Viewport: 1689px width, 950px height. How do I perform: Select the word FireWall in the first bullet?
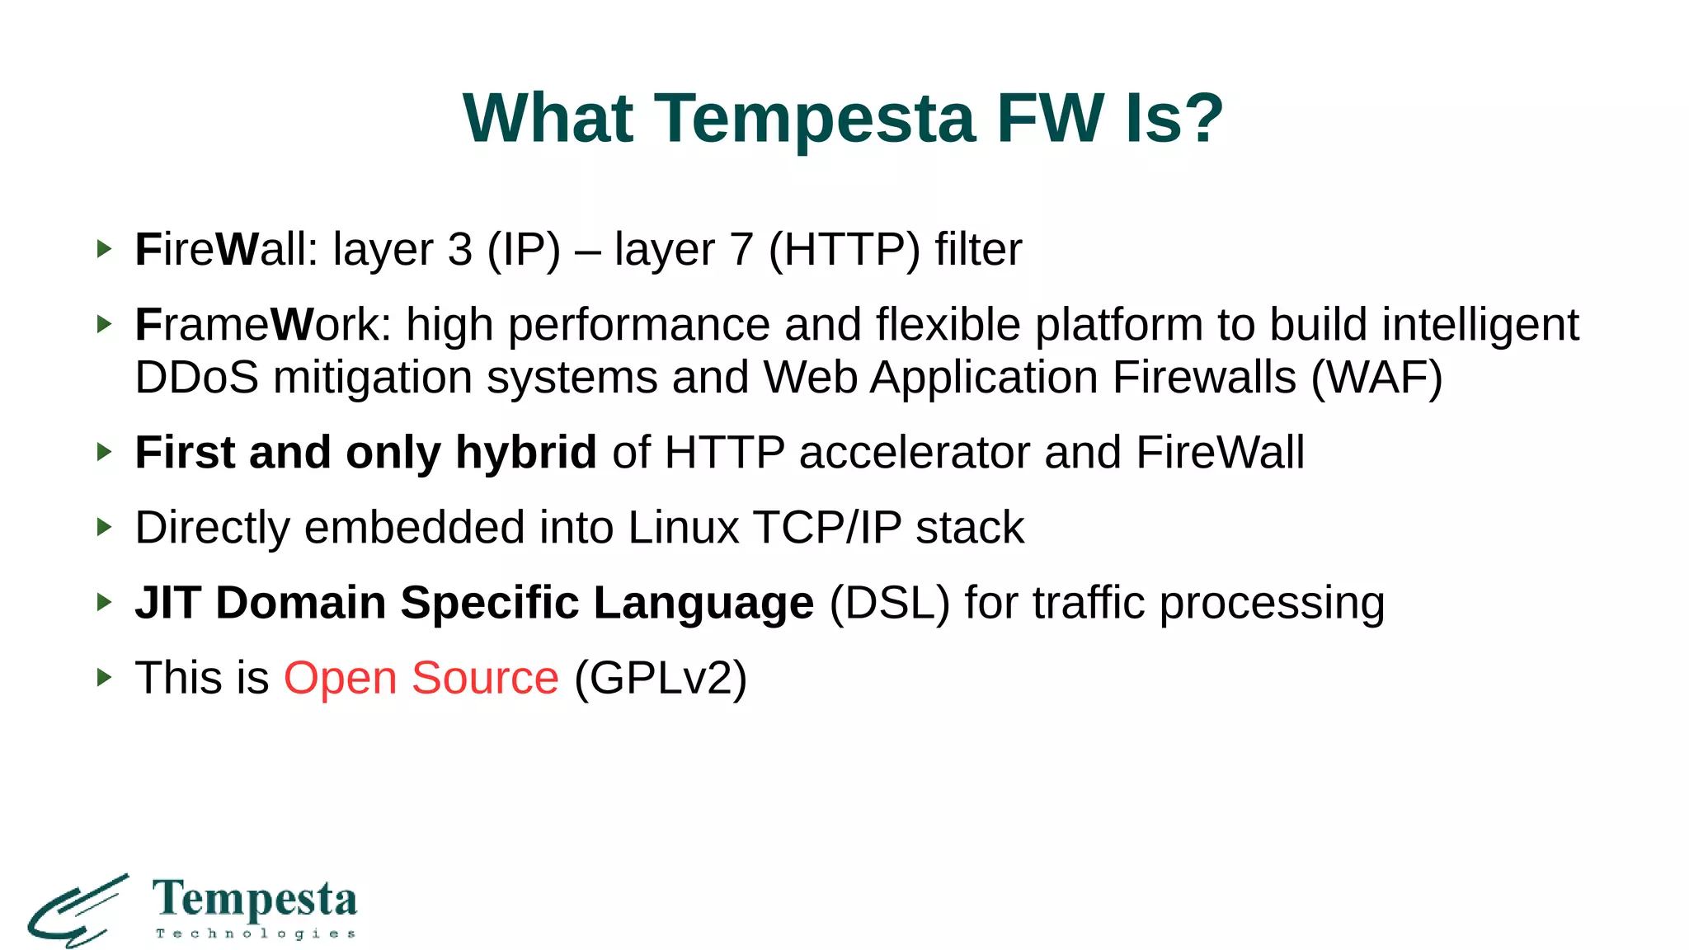225,250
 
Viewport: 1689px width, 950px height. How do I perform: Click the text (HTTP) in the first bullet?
844,250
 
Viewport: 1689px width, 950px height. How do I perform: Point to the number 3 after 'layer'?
459,250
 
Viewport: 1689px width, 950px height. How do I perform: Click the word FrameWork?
262,325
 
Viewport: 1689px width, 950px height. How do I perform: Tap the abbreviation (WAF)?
1376,378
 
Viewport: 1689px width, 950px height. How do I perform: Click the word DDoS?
196,378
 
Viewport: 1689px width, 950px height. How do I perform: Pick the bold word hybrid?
525,453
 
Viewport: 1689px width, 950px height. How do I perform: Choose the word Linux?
683,528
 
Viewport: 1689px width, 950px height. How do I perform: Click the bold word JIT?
167,603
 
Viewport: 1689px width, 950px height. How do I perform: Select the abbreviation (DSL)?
889,603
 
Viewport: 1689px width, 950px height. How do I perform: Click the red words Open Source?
421,678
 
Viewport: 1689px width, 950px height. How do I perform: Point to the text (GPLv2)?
661,678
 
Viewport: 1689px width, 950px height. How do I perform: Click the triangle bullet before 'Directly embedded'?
104,527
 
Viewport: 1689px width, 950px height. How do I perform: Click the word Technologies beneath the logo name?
256,934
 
